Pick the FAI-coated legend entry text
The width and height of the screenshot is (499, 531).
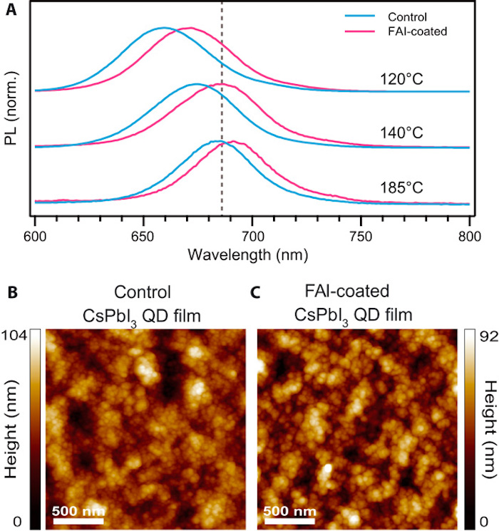pos(416,31)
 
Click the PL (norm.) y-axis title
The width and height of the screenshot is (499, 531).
pos(11,110)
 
